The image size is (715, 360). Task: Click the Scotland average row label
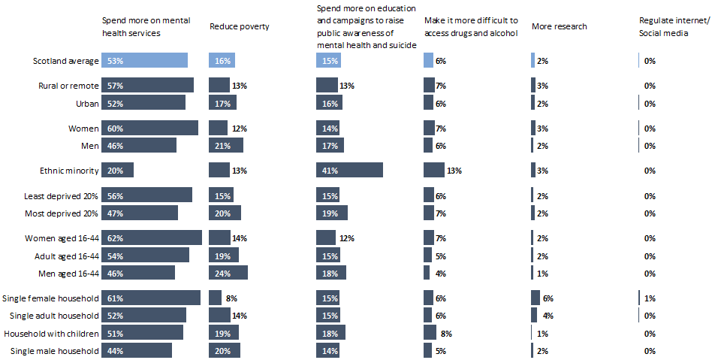(x=66, y=61)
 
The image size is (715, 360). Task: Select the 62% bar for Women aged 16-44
(x=152, y=237)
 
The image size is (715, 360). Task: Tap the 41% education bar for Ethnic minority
(x=350, y=170)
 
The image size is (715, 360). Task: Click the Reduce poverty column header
(x=240, y=27)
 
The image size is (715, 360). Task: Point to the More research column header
(x=560, y=27)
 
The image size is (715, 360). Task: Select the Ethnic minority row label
(x=69, y=171)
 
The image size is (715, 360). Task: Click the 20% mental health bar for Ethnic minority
(x=119, y=170)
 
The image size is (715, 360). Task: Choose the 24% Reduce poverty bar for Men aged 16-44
(x=228, y=272)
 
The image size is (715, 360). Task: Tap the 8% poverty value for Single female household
(x=233, y=298)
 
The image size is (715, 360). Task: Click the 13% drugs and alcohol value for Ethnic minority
(x=454, y=171)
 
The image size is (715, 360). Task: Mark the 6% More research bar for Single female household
(x=535, y=298)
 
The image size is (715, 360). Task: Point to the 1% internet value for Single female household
(x=650, y=298)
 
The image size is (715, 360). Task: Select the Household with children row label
(x=52, y=333)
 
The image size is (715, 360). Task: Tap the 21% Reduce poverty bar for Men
(x=226, y=145)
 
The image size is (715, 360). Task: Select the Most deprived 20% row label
(x=62, y=213)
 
